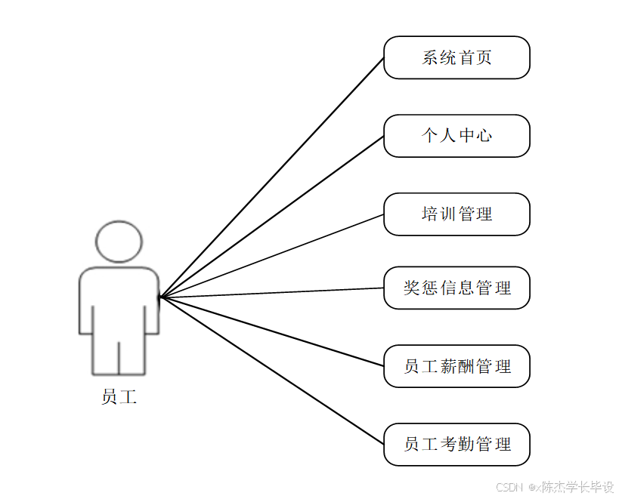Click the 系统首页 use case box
pyautogui.click(x=456, y=57)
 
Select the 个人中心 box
pyautogui.click(x=456, y=136)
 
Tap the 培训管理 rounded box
pyautogui.click(x=456, y=214)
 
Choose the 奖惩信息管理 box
pyautogui.click(x=456, y=288)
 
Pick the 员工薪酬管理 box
pyautogui.click(x=456, y=366)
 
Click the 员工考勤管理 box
pyautogui.click(x=456, y=445)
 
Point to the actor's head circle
pyautogui.click(x=119, y=241)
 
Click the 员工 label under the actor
pyautogui.click(x=119, y=397)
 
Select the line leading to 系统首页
pyautogui.click(x=272, y=177)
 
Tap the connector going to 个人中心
pyautogui.click(x=272, y=217)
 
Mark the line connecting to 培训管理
pyautogui.click(x=272, y=255)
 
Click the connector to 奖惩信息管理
pyautogui.click(x=272, y=292)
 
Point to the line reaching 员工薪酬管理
pyautogui.click(x=272, y=331)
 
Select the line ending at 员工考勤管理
pyautogui.click(x=272, y=371)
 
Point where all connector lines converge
pyautogui.click(x=160, y=297)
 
